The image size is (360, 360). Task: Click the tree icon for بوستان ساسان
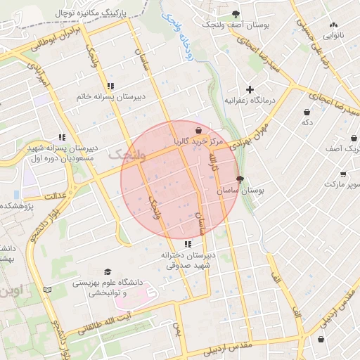[x=240, y=179]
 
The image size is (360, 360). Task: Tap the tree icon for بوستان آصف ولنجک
[x=236, y=14]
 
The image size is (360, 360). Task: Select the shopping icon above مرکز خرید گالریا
[x=200, y=130]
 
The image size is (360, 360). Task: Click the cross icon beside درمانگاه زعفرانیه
[x=250, y=89]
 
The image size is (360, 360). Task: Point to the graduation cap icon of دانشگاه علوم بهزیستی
[x=108, y=272]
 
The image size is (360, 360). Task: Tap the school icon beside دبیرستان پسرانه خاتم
[x=111, y=86]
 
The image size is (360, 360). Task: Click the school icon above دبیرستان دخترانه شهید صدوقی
[x=187, y=244]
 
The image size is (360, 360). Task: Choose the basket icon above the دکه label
[x=307, y=112]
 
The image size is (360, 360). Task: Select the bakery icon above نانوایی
[x=333, y=23]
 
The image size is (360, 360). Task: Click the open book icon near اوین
[x=48, y=289]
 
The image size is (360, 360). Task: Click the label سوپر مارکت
[x=342, y=184]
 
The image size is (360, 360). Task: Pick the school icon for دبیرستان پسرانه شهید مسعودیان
[x=62, y=137]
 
